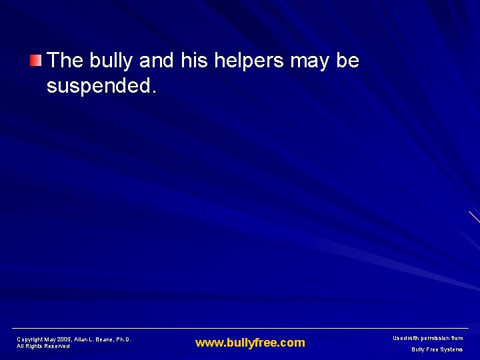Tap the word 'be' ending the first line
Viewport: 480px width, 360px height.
click(348, 61)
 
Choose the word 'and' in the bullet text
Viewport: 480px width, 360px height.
click(157, 61)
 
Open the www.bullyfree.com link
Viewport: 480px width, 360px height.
click(250, 343)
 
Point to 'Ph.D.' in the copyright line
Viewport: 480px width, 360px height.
click(123, 339)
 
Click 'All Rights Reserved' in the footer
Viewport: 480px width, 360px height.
click(43, 346)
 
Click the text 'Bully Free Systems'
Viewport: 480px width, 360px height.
click(437, 349)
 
